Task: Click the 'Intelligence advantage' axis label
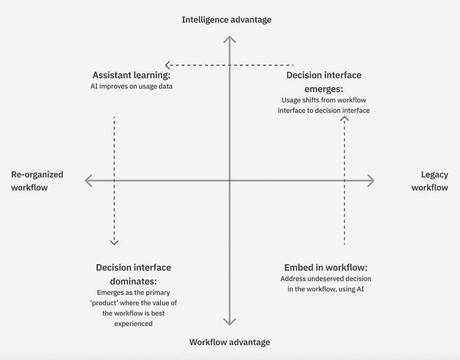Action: coord(227,20)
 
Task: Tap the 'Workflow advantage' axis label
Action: coord(230,342)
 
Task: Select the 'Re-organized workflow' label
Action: coord(37,181)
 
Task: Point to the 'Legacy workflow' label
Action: coord(430,181)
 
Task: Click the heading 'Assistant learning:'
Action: coord(131,75)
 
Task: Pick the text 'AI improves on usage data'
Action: coord(131,87)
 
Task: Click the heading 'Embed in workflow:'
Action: coord(326,268)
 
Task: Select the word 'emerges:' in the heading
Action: coord(323,89)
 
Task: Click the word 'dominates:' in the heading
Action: coord(134,281)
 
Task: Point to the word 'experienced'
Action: coord(134,324)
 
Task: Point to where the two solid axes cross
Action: coord(230,180)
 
